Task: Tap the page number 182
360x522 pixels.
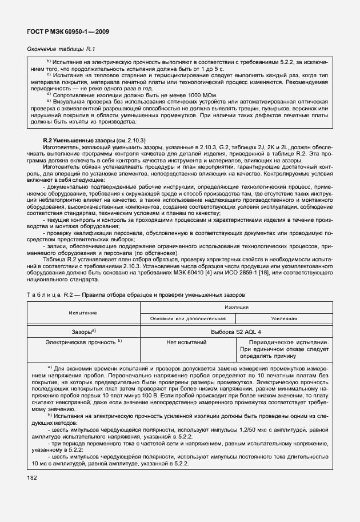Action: tap(33, 477)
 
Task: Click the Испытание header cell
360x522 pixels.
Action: tap(83, 313)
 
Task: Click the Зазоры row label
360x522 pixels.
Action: tap(83, 331)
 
